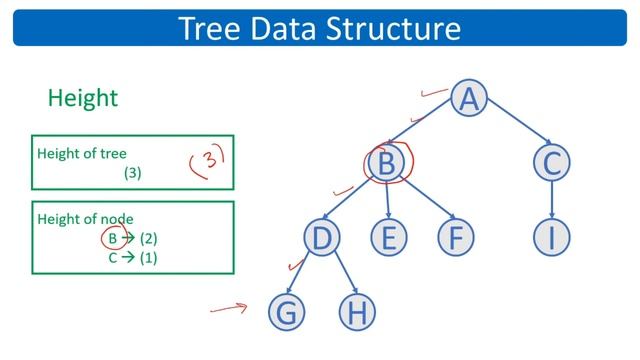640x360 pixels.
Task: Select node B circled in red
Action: click(x=386, y=162)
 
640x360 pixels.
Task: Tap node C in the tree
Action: click(x=552, y=162)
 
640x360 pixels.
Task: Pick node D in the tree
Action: click(x=322, y=237)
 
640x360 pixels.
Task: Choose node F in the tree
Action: click(x=455, y=237)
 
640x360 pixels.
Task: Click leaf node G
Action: click(x=286, y=312)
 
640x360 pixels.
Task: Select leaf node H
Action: click(x=355, y=312)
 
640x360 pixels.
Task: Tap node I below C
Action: click(x=552, y=237)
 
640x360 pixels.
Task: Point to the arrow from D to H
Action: click(x=339, y=275)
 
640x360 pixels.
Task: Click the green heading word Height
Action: click(x=83, y=98)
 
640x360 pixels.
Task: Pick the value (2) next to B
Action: click(x=149, y=238)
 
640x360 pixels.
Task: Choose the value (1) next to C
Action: click(x=148, y=257)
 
